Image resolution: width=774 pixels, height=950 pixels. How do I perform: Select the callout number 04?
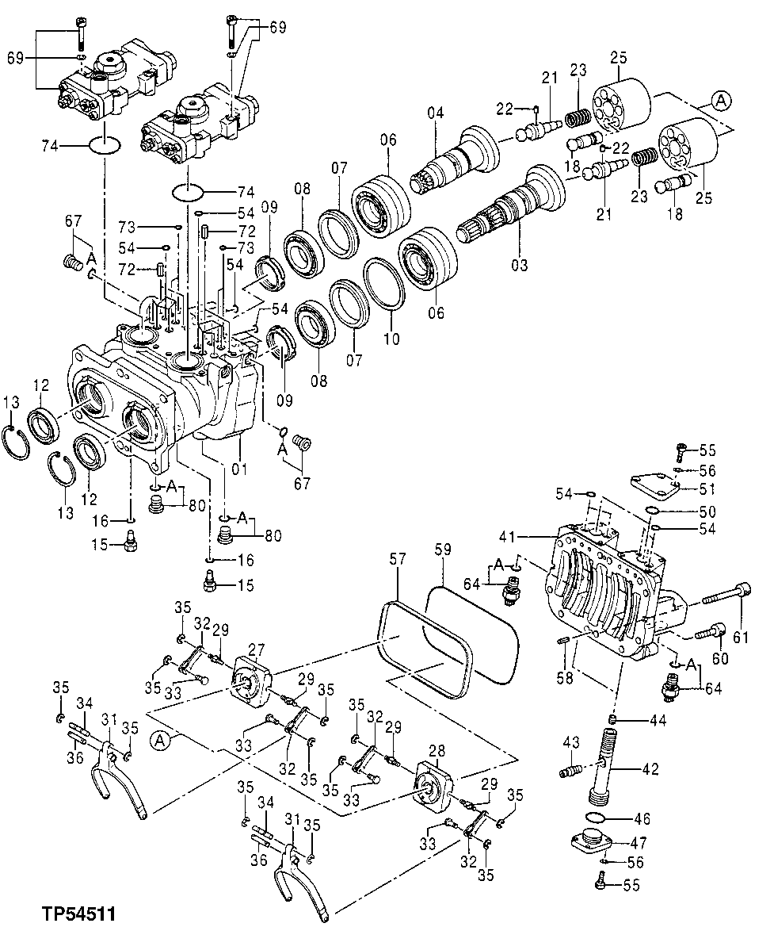coord(436,113)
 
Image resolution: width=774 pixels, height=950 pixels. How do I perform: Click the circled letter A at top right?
coord(719,100)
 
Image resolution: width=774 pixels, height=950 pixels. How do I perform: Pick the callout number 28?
coord(438,749)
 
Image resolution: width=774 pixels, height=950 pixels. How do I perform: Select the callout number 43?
coord(572,742)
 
